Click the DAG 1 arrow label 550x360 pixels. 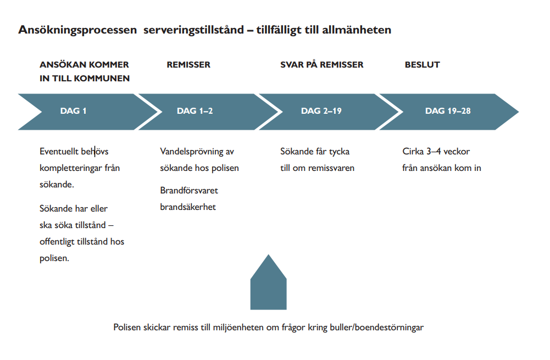tap(73, 111)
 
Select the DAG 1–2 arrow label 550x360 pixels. tap(195, 111)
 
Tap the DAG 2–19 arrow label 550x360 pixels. tap(321, 111)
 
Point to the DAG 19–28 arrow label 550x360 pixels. tap(448, 111)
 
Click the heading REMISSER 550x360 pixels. tap(188, 64)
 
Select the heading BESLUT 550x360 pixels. tap(423, 64)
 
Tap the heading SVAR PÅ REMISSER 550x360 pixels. tap(321, 64)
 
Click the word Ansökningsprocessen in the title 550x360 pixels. tap(77, 30)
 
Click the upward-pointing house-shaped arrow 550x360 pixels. tap(268, 284)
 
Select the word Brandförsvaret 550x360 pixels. tap(189, 190)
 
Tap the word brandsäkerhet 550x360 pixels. tap(188, 207)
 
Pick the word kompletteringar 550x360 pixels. tap(71, 168)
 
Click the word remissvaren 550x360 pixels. tap(331, 168)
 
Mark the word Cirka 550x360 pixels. tap(413, 151)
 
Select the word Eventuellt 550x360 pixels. tap(59, 151)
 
